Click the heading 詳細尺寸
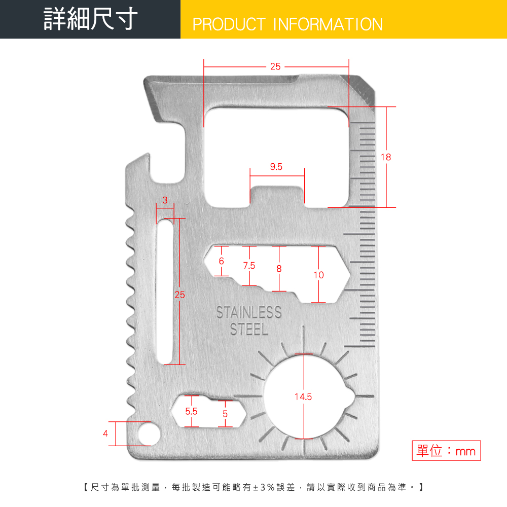91,19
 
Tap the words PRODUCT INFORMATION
287,24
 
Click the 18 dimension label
386,157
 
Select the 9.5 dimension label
276,167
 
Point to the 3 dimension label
165,200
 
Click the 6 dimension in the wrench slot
221,261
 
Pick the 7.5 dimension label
249,266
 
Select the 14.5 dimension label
303,397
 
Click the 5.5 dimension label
191,411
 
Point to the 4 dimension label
105,433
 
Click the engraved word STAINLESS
248,313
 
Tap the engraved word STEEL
249,330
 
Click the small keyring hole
149,433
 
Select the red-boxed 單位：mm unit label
446,450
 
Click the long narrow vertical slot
165,292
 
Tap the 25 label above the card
275,66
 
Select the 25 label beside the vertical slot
180,295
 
